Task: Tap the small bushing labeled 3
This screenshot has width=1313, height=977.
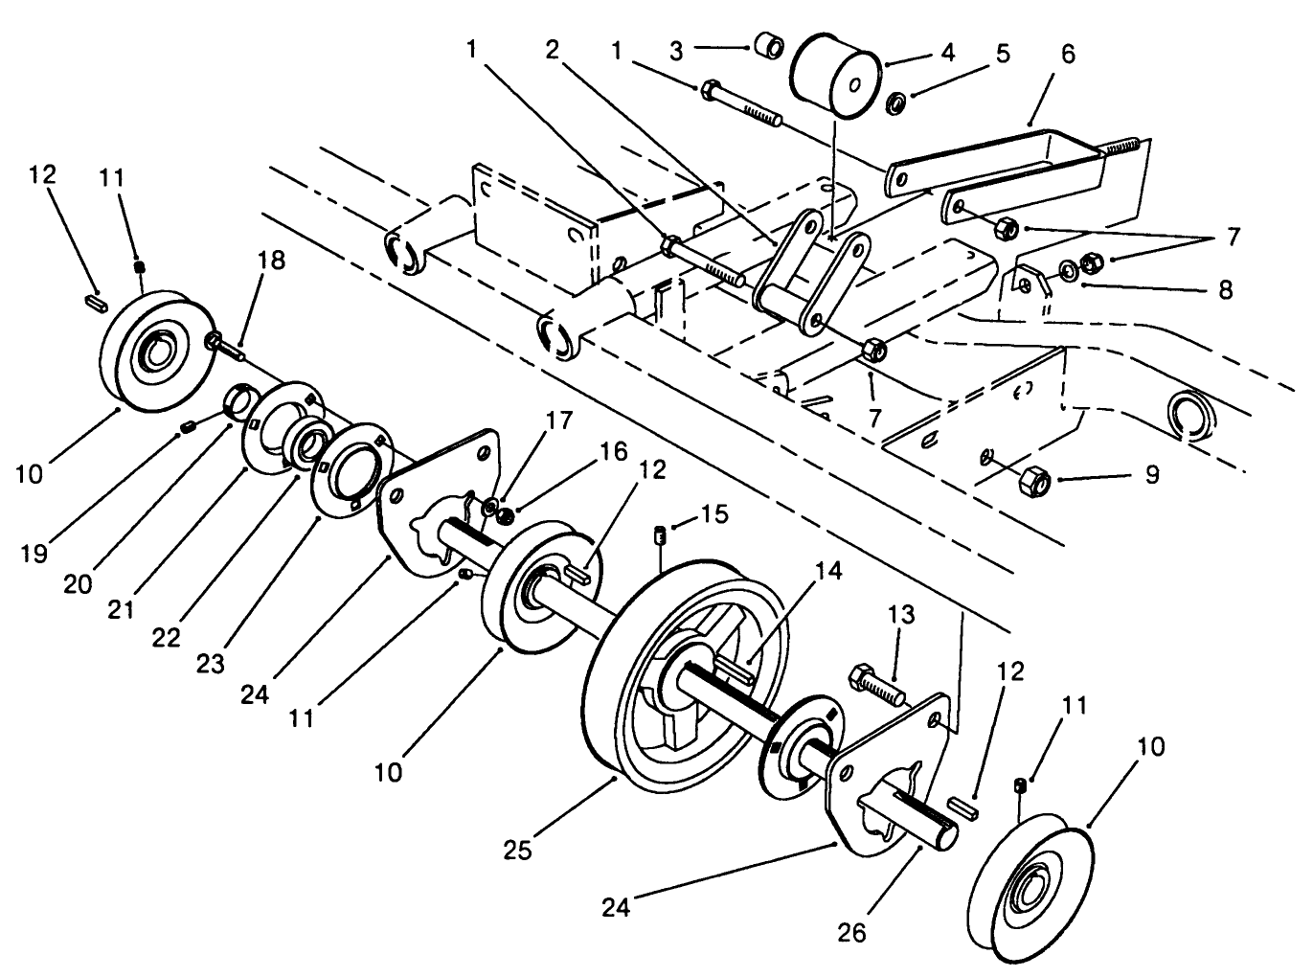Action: coord(767,45)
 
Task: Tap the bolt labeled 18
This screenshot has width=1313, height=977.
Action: coord(223,346)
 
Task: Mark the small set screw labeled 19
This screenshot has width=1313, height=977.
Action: coord(188,426)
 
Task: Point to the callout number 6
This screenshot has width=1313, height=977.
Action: coord(1068,55)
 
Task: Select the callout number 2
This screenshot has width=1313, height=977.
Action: coord(552,50)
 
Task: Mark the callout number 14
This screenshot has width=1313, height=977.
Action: coord(828,571)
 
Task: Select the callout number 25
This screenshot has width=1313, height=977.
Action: coord(518,849)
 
